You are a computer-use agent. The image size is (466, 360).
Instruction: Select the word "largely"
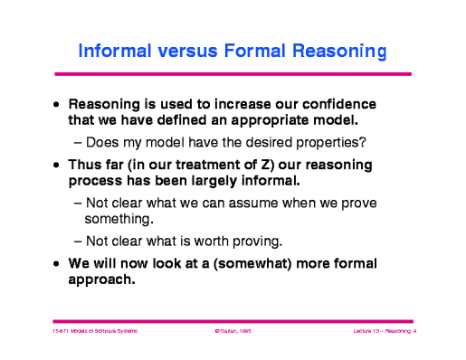click(213, 182)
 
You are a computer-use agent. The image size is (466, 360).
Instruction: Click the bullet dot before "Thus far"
click(58, 167)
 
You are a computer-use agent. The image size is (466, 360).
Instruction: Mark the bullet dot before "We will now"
click(58, 265)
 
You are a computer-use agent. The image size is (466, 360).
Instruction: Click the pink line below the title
click(233, 73)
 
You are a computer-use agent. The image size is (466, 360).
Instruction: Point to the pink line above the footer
click(233, 320)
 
